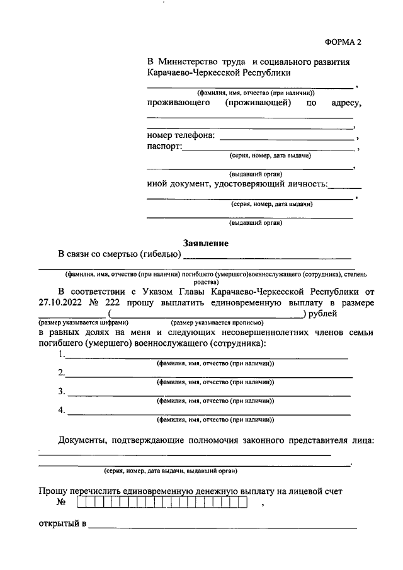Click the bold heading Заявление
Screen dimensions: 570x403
[x=205, y=242]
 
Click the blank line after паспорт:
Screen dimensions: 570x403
[x=268, y=149]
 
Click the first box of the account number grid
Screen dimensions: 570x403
[x=82, y=503]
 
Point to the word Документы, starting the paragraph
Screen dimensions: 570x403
[x=82, y=440]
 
